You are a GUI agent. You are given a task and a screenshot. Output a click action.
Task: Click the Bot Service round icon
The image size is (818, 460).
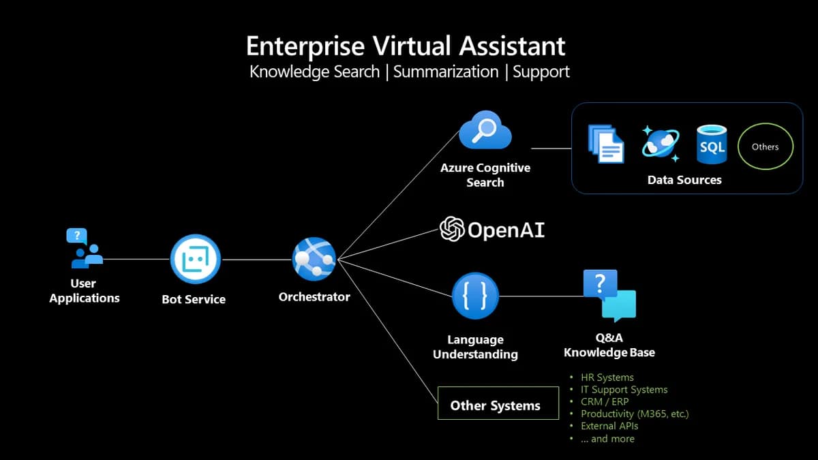point(195,259)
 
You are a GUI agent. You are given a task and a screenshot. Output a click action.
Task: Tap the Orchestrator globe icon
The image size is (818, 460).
point(314,260)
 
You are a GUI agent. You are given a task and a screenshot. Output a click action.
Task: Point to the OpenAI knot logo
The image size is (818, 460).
point(452,230)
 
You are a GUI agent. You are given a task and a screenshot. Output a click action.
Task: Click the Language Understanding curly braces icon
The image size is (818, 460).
point(476,296)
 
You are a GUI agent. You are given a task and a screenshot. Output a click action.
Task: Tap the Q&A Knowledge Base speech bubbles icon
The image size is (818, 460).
point(609,295)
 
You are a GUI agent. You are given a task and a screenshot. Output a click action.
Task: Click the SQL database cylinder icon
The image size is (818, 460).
point(712,144)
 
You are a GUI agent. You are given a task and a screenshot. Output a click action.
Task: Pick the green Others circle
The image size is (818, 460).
point(766,147)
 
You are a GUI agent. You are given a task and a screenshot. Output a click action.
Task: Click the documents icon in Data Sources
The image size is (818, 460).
point(605,144)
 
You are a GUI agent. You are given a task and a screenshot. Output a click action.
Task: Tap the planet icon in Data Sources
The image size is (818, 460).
point(660,144)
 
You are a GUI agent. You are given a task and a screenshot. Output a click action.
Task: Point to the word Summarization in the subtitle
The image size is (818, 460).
point(446,72)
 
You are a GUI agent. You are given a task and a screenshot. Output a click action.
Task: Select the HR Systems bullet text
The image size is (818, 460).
point(607,377)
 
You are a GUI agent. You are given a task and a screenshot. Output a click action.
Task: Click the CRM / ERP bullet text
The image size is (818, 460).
point(605,401)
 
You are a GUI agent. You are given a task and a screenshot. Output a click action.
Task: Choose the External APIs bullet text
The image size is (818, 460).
point(609,426)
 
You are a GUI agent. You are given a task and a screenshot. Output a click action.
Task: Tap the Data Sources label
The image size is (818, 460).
point(684,180)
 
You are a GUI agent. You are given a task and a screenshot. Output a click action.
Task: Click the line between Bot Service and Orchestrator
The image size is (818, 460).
point(256,260)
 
